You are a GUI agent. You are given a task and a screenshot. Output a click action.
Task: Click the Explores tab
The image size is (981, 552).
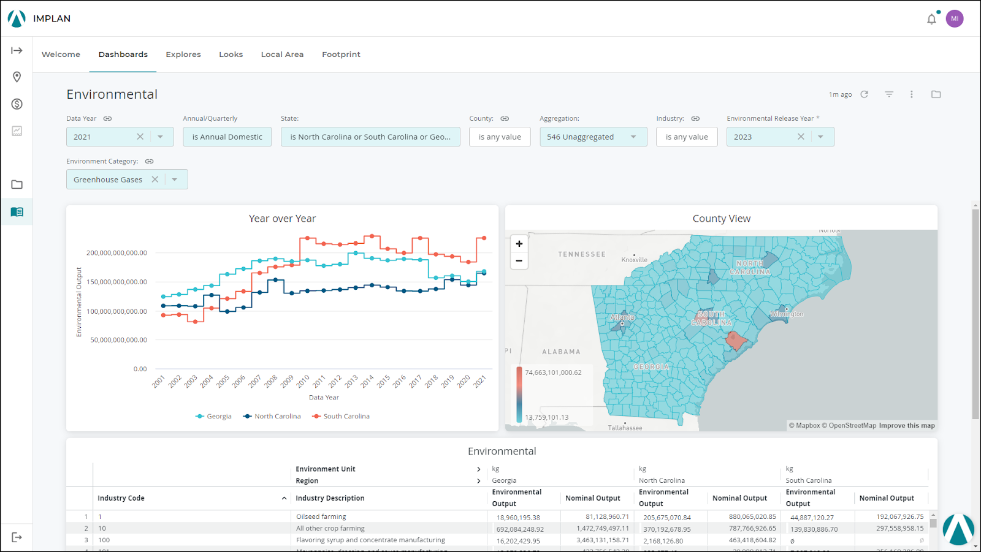183,55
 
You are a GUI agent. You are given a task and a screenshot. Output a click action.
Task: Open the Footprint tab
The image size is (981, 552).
341,55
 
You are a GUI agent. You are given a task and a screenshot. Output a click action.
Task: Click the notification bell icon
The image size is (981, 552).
931,19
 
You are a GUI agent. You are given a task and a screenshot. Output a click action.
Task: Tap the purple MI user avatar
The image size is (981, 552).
954,18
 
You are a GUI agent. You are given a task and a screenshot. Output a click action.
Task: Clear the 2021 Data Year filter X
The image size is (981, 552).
140,137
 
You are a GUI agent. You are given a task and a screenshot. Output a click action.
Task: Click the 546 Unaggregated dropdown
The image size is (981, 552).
592,137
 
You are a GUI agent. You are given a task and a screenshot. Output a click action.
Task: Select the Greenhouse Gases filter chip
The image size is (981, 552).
108,180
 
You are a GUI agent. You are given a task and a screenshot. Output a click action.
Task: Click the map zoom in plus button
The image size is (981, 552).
519,244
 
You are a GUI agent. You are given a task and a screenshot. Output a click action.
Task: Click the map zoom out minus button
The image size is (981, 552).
519,260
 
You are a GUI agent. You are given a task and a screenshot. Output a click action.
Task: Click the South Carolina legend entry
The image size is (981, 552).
346,416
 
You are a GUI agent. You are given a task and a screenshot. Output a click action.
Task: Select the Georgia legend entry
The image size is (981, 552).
218,416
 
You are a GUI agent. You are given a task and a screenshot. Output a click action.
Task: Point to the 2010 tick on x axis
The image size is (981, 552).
303,381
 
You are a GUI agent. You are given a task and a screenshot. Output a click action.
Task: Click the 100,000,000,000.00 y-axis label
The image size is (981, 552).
116,311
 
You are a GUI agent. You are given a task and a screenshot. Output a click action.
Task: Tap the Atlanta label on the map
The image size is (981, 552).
622,317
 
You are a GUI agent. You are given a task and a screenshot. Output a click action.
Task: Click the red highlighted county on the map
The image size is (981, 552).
735,340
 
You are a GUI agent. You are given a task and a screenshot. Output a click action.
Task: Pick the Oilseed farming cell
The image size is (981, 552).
321,516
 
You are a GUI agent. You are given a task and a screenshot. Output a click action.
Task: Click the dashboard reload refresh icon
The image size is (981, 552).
864,94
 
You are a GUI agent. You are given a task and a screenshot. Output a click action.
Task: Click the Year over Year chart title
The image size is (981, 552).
282,219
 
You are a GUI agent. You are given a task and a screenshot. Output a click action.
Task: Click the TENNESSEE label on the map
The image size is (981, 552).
581,254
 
